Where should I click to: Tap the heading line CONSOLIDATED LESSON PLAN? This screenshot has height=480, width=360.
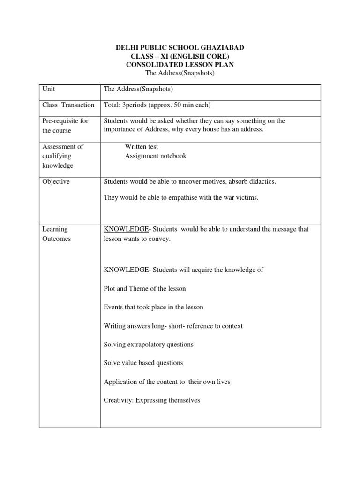tap(180, 65)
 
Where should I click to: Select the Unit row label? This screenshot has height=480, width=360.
tap(49, 89)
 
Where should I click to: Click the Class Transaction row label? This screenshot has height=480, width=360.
tap(68, 105)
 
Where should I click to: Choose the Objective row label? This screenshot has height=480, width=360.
tap(56, 181)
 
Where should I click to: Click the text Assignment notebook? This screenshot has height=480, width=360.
tap(155, 156)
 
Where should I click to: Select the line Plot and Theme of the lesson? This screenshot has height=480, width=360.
tap(144, 288)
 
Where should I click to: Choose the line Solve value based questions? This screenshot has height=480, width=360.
tap(143, 363)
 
